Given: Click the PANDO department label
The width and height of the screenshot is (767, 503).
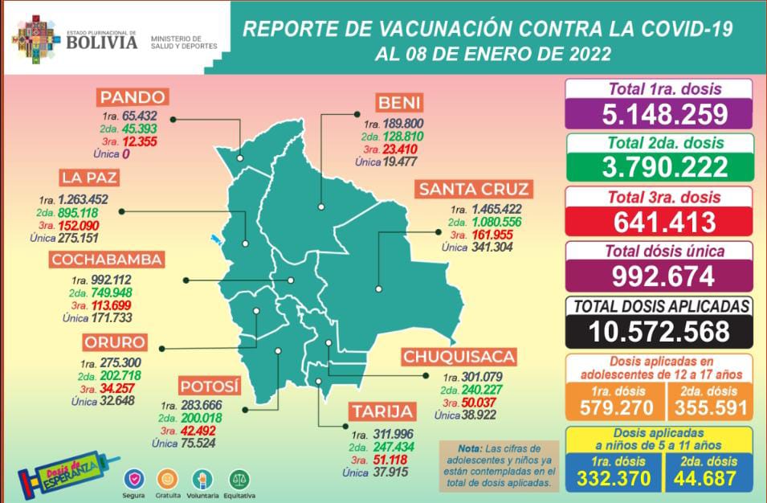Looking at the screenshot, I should click(133, 98).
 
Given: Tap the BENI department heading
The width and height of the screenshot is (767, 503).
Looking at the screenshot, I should click(399, 103).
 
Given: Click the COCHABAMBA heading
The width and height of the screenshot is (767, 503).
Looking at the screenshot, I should click(107, 260).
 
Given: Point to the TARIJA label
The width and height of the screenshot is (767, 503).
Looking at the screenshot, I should click(382, 412).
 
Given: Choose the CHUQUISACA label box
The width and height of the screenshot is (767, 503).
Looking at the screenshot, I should click(459, 357).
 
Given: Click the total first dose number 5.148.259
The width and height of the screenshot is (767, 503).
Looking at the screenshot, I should click(659, 114).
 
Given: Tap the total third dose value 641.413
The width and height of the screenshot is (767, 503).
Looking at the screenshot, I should click(659, 221).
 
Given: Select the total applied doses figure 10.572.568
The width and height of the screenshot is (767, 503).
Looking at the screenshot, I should click(659, 330).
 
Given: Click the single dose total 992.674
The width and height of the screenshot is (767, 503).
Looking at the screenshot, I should click(659, 276).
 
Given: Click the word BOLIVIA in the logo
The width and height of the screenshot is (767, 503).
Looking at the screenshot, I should click(102, 41).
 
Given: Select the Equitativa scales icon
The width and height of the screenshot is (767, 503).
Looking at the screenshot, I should click(238, 477).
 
